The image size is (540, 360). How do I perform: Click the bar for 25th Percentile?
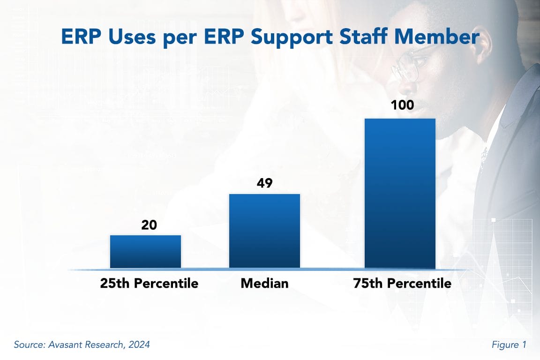145,251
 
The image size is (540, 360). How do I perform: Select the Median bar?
264,231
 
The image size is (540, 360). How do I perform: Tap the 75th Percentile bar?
400,193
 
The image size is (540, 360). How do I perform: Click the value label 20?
149,225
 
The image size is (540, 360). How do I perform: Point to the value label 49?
264,183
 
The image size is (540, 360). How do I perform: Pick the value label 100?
402,105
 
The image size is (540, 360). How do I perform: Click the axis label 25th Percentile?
149,284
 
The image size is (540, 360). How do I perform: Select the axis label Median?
264,284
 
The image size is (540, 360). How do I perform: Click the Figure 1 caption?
509,345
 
